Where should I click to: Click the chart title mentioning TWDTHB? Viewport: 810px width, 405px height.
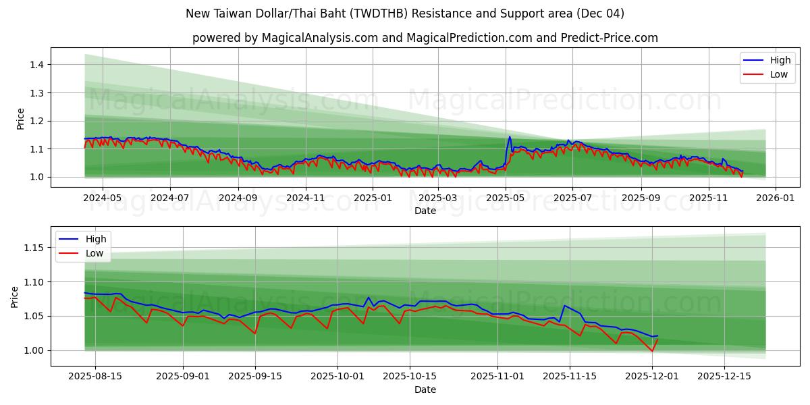coord(405,13)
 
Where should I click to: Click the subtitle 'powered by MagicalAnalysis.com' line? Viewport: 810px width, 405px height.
coord(425,38)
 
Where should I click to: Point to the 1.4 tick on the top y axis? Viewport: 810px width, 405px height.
coord(37,65)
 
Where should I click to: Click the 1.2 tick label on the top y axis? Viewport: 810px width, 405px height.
coord(37,121)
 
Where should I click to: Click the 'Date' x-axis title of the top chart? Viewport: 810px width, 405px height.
coord(425,211)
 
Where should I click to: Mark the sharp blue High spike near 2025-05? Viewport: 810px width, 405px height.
coord(510,137)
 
